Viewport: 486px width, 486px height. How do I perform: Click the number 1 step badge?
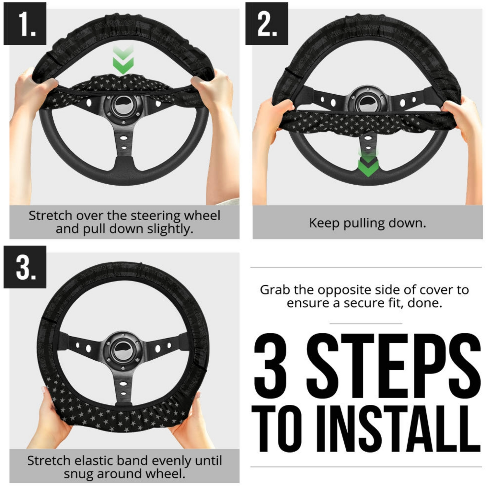pos(25,23)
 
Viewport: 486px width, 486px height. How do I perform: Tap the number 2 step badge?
pos(267,23)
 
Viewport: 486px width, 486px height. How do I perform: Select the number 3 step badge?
pos(25,267)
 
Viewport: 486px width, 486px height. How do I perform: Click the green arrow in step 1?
pos(123,60)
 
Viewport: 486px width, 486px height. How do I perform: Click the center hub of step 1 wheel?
pos(123,105)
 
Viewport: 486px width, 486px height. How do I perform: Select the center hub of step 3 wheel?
pos(123,350)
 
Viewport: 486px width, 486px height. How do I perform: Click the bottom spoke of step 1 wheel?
pos(123,147)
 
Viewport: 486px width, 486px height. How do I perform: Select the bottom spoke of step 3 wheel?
pos(123,387)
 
